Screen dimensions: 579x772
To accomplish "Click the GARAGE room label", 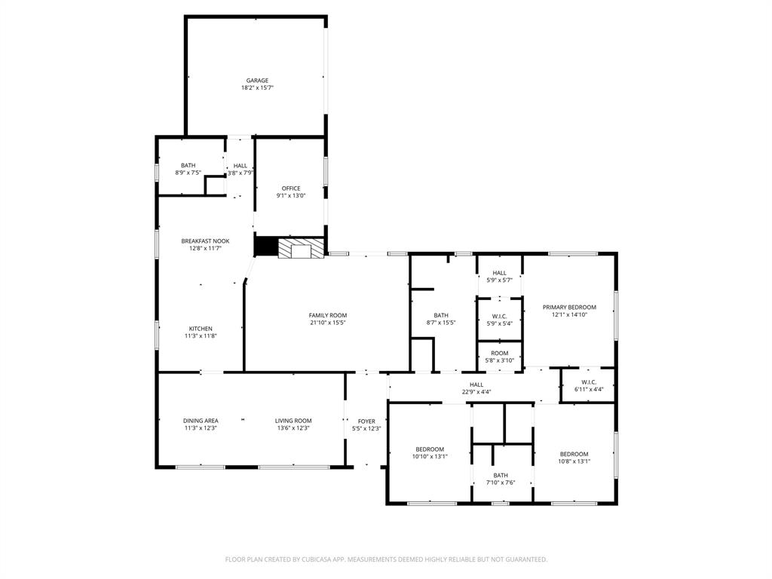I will coord(257,81).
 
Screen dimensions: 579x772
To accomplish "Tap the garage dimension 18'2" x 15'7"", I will coord(257,87).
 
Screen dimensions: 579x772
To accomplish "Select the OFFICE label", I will coord(291,188).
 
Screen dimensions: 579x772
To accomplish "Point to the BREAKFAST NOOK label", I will coord(205,241).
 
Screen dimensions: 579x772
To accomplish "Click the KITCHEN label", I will coord(201,329).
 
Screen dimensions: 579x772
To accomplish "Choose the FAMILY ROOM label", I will coord(328,315).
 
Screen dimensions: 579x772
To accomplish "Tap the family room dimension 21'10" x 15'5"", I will coord(328,323).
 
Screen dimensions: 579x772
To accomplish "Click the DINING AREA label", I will coord(201,421).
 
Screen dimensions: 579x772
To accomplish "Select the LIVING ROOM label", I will coord(293,421).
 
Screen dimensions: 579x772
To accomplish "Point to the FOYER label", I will coord(366,421).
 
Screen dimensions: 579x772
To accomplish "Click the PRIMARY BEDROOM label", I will coord(569,307).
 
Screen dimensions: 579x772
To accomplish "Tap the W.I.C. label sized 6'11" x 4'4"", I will coord(589,382).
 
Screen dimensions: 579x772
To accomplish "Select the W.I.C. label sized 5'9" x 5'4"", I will coord(499,316).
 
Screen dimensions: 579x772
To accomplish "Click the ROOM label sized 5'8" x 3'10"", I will coord(499,353).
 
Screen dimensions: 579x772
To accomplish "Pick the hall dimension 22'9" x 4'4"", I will coord(476,392).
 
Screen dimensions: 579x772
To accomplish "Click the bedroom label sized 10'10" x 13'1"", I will coord(430,449).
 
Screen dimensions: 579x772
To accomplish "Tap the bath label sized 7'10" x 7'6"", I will coord(501,475).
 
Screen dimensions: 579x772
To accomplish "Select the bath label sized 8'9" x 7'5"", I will coord(188,166).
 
